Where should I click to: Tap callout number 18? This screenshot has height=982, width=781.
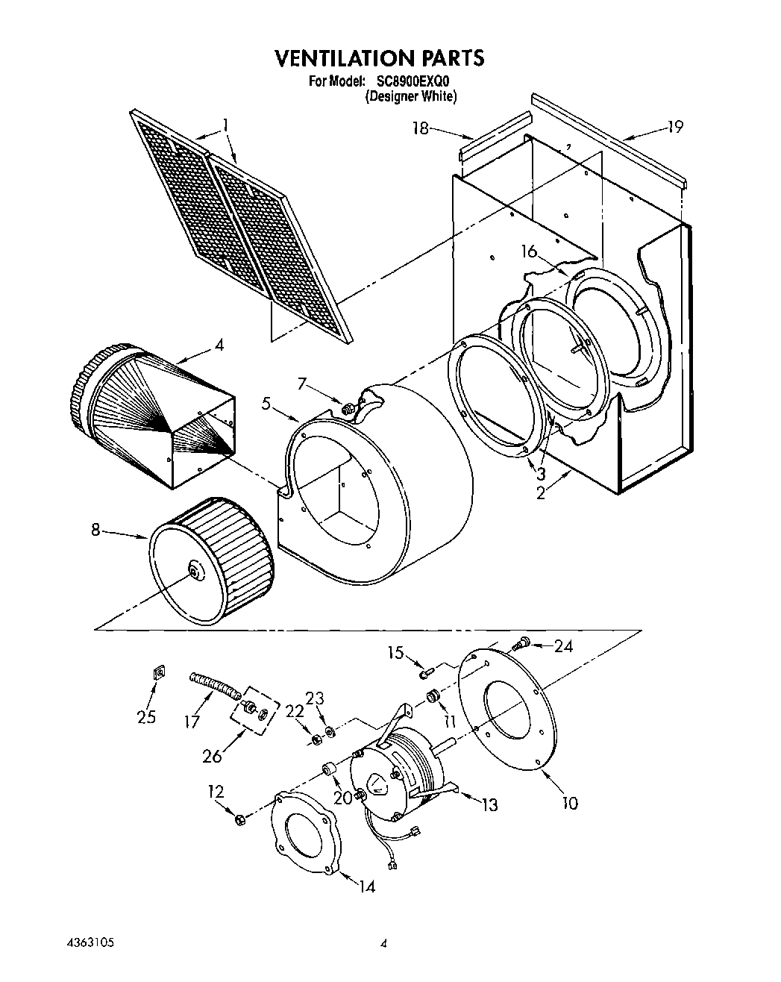421,128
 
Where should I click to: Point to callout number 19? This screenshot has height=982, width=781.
674,127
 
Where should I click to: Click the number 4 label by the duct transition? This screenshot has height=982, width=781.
219,345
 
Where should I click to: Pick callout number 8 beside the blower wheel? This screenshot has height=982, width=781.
95,530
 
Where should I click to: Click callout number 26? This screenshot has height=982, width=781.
213,756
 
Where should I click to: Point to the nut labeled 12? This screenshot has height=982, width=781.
239,820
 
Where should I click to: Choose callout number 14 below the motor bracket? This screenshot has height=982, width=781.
366,886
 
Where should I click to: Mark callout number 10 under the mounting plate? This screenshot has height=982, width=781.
569,803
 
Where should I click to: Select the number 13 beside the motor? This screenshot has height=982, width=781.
489,804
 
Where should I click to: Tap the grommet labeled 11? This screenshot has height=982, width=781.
432,697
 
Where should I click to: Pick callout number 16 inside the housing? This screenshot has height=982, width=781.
529,251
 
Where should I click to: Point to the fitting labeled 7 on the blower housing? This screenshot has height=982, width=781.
347,409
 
